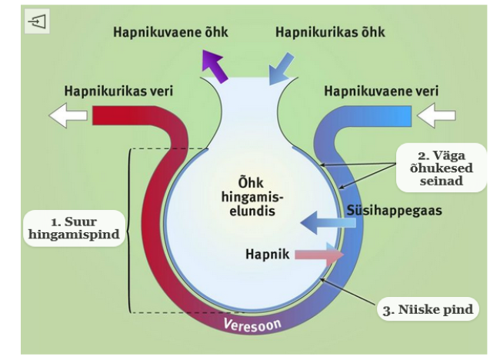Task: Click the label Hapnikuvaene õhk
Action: coord(170,33)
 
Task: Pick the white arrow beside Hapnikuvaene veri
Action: coord(436,115)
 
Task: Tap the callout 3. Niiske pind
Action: coord(428,311)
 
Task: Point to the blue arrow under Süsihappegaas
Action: coord(327,224)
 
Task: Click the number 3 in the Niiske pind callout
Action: coord(387,312)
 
